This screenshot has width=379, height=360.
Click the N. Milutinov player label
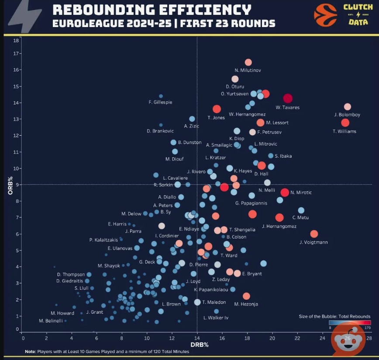(x=248, y=71)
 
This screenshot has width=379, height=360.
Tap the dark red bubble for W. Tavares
(x=287, y=99)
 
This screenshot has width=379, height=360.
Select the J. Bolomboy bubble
(x=348, y=106)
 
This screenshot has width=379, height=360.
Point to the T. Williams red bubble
(x=345, y=123)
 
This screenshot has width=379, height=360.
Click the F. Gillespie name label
(x=160, y=103)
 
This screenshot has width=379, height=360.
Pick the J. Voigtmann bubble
(x=314, y=234)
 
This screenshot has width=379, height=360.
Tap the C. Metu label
(x=300, y=217)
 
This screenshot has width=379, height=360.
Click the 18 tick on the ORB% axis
(x=16, y=41)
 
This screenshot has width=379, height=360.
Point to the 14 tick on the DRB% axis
(x=197, y=338)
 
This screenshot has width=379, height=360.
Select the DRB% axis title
(x=197, y=345)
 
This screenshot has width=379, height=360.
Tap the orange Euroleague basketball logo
(x=325, y=15)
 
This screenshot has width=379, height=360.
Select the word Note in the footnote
(x=30, y=352)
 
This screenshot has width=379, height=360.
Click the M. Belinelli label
(x=51, y=321)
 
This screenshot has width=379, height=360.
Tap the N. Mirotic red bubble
(x=285, y=192)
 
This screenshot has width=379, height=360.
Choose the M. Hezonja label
(x=246, y=304)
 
